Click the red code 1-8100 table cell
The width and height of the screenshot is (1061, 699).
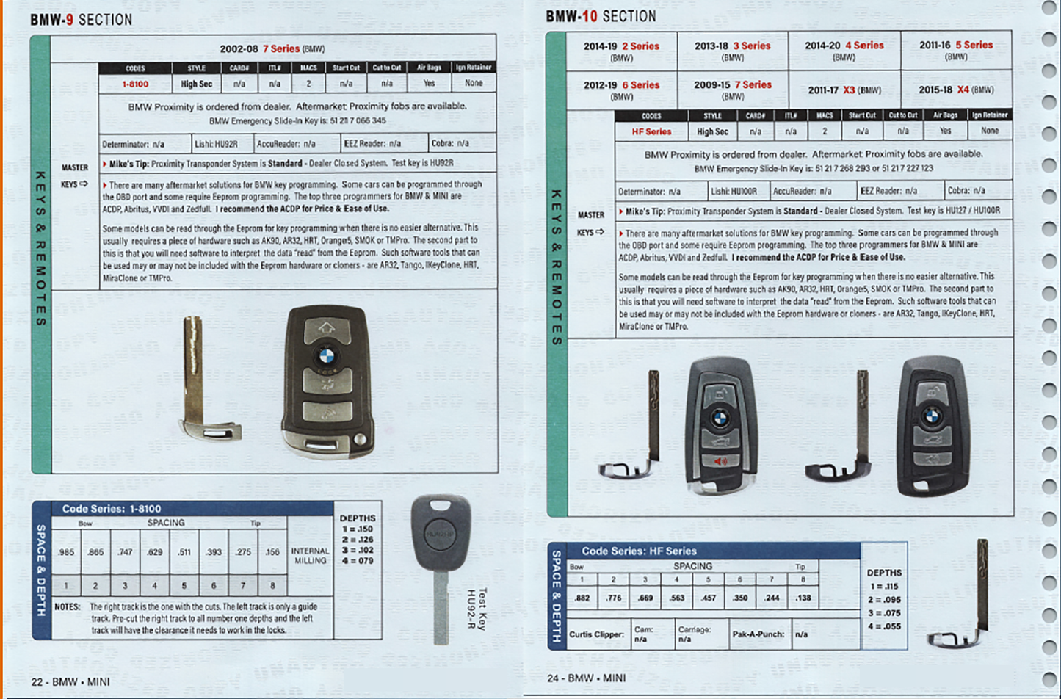(135, 84)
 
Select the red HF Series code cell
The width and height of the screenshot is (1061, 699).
(651, 131)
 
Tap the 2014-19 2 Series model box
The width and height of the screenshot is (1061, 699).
(621, 50)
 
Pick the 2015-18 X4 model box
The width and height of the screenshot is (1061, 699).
(956, 90)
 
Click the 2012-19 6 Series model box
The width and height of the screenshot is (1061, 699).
(621, 89)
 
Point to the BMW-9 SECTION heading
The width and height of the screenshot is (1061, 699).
(81, 20)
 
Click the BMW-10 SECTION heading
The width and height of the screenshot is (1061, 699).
(601, 16)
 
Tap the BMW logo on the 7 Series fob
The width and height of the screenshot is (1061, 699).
(325, 357)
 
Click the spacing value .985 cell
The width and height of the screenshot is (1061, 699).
(66, 551)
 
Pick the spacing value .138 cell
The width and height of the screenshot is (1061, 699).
(803, 598)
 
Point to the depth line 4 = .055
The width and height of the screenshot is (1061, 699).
(884, 626)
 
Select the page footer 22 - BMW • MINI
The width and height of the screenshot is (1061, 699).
(70, 681)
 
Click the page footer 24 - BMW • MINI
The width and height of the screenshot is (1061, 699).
(586, 678)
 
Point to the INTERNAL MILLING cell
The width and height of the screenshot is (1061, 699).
(310, 555)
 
